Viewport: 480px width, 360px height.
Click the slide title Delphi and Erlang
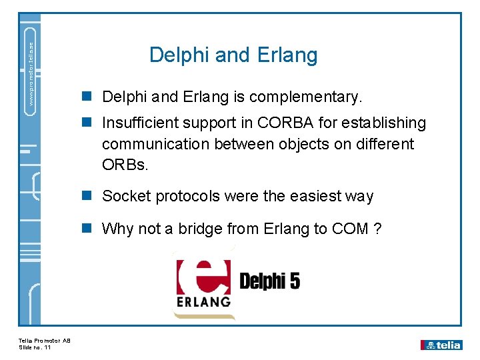(233, 55)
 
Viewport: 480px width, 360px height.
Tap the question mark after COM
(378, 229)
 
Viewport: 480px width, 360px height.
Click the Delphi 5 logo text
(269, 281)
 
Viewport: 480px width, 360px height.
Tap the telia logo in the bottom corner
(441, 345)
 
